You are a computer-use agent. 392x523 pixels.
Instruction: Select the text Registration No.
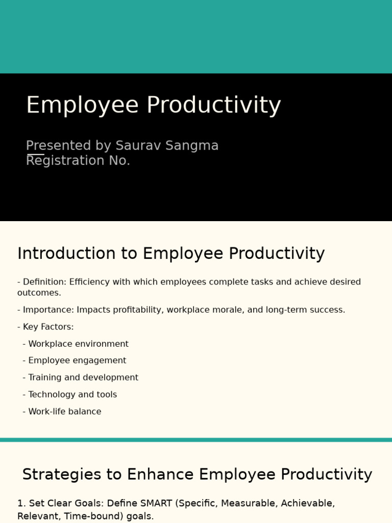coord(78,160)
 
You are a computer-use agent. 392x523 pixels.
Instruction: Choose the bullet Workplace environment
coord(78,344)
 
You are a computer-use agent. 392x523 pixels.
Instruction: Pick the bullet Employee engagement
coord(77,361)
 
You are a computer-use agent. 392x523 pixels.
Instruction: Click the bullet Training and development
coord(83,377)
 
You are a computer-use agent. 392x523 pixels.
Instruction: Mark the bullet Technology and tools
coord(72,394)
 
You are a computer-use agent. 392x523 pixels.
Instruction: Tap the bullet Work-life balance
coord(65,412)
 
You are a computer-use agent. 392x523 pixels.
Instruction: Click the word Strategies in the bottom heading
coord(61,474)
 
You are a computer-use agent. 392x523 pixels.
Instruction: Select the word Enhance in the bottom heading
coord(161,474)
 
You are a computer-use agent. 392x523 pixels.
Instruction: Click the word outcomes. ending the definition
coord(39,293)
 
